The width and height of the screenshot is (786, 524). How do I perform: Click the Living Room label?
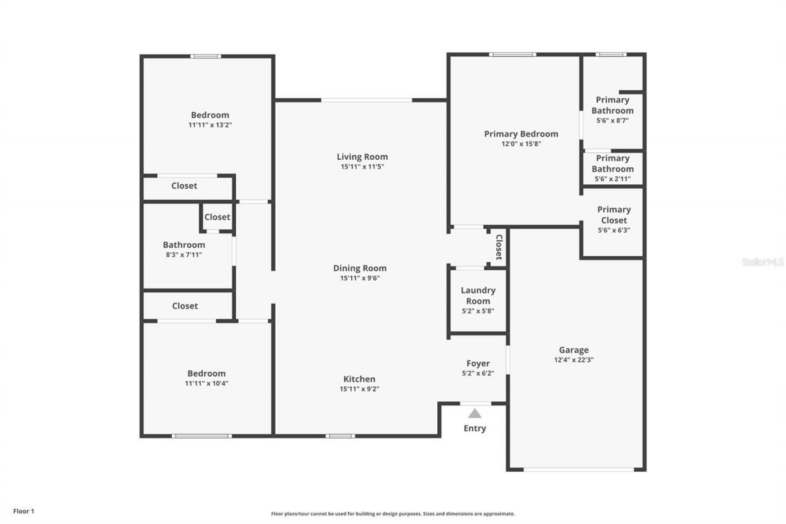click(362, 157)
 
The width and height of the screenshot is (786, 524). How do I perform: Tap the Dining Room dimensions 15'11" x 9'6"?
click(360, 278)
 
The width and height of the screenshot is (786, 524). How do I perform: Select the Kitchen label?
click(359, 379)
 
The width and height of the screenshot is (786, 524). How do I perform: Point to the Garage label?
click(574, 350)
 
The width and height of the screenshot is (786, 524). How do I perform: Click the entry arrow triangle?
click(475, 414)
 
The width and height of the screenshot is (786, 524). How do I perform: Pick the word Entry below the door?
click(475, 428)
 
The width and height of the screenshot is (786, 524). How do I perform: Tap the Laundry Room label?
click(478, 295)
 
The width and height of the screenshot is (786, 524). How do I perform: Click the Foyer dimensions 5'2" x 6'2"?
click(478, 373)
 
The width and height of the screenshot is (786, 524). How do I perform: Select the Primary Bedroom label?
click(521, 134)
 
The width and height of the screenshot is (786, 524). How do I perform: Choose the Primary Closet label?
click(613, 214)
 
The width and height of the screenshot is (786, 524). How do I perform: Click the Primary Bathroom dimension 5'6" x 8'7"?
click(612, 121)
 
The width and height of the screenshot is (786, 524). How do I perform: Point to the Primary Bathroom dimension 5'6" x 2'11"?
click(612, 179)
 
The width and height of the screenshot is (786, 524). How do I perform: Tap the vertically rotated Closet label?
click(499, 247)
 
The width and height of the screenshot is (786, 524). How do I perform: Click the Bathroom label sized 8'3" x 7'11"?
click(184, 244)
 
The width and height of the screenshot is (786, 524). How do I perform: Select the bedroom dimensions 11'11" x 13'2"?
click(209, 125)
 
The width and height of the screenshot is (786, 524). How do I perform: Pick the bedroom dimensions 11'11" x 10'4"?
click(206, 383)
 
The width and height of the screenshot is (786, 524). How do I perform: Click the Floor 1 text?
click(24, 511)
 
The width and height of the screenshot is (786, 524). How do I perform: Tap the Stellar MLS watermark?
click(763, 262)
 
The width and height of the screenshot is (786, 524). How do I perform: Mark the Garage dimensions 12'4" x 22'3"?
click(574, 361)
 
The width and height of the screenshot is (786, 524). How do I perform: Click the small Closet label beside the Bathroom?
click(217, 217)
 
